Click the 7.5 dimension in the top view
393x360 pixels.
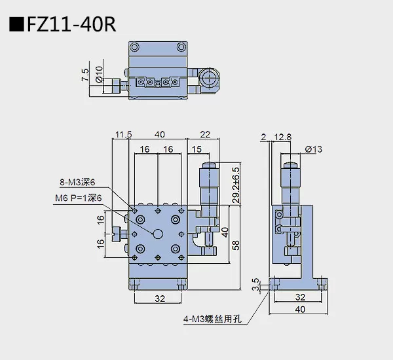[84, 75]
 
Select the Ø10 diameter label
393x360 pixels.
[99, 75]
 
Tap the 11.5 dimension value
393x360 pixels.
[122, 135]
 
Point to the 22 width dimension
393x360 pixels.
[204, 135]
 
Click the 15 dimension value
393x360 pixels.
[196, 150]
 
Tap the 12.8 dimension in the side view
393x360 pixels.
[284, 136]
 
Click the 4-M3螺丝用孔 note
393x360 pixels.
[213, 320]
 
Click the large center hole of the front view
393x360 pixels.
[158, 234]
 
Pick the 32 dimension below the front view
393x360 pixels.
[157, 298]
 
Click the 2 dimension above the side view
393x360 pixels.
[263, 136]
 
